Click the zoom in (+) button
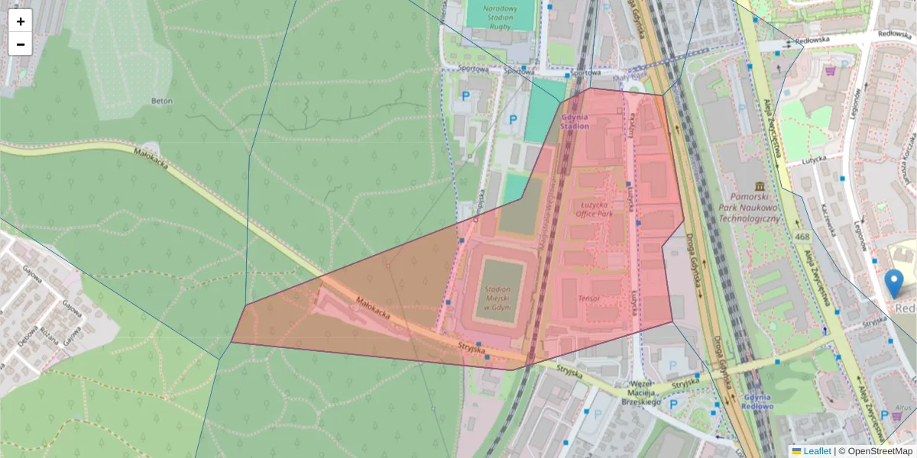point(21,21)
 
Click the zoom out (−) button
point(21,44)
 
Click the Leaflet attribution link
point(817,451)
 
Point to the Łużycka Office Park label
point(595,209)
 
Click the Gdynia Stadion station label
point(575,121)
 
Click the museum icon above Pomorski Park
point(759,187)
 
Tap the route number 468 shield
point(802,237)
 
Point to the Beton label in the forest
point(162,101)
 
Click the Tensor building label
point(589,298)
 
